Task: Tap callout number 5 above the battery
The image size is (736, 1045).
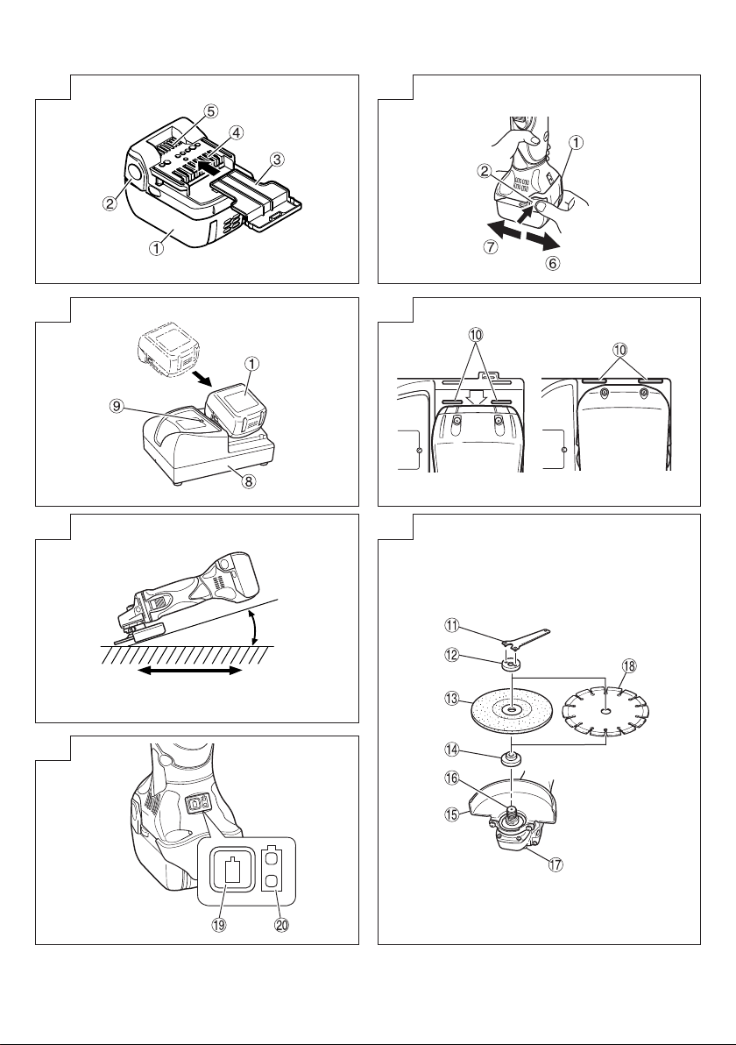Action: click(211, 111)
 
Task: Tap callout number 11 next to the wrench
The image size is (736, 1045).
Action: click(452, 625)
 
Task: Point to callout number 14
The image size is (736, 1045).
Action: click(452, 750)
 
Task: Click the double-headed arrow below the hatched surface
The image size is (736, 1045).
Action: click(190, 671)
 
